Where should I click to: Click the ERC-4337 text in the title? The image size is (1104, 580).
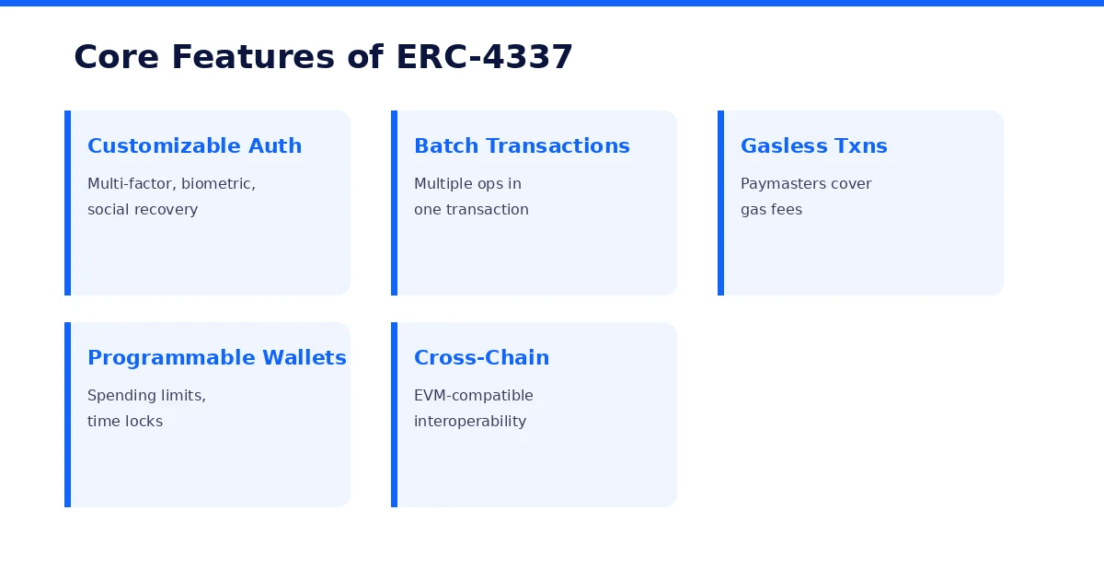(484, 57)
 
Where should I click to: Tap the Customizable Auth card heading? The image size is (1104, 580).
(194, 146)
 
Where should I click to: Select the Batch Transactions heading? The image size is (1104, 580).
(522, 146)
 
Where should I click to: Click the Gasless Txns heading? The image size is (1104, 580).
(813, 146)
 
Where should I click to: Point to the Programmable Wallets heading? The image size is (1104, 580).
(216, 358)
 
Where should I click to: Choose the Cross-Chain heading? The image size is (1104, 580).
(481, 358)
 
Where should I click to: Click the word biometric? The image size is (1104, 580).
(217, 184)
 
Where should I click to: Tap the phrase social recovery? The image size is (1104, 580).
(143, 210)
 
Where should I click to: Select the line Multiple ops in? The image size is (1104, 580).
(467, 184)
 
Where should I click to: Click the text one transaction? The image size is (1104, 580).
(471, 210)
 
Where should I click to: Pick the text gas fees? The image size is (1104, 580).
(771, 210)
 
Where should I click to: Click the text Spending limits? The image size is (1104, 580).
(146, 396)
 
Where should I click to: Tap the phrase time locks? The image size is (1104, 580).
(125, 422)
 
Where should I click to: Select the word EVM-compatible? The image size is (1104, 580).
(473, 396)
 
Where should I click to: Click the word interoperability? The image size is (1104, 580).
(470, 422)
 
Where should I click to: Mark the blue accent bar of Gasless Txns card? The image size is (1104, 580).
(720, 203)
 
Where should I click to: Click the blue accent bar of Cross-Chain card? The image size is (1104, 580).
(394, 414)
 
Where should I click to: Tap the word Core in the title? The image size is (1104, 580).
(117, 57)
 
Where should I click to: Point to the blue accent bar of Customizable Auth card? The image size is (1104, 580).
(67, 203)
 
